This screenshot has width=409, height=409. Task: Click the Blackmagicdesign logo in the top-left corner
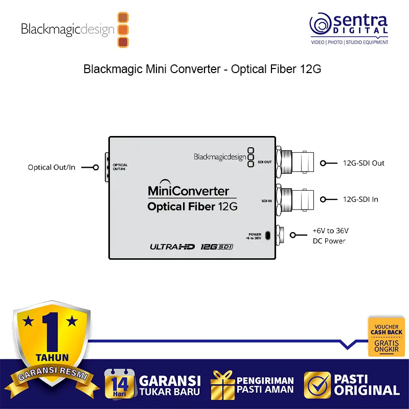[75, 29]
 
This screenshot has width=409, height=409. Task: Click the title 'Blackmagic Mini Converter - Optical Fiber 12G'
[202, 70]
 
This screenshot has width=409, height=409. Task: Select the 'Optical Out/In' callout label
[52, 167]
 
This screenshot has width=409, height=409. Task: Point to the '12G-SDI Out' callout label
[363, 163]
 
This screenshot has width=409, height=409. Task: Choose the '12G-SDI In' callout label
[360, 199]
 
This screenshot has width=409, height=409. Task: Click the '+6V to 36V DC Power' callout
[330, 236]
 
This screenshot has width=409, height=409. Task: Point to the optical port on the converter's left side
[107, 167]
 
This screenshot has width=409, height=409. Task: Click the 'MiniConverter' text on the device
[188, 191]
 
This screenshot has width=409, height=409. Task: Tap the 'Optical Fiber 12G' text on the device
[192, 207]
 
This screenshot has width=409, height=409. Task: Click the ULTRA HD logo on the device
[172, 247]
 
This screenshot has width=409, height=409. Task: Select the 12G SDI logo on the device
[217, 247]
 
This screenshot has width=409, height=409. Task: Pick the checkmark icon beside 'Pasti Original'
[316, 384]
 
